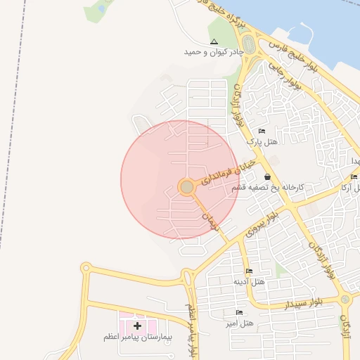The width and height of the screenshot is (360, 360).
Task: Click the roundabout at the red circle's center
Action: click(186, 187)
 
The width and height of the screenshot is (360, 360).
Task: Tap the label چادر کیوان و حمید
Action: click(214, 52)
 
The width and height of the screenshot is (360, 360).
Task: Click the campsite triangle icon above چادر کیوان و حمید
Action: click(214, 42)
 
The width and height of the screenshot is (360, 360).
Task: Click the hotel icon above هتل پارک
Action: click(262, 131)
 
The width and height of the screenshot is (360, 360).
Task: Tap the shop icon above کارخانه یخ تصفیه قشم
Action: click(267, 177)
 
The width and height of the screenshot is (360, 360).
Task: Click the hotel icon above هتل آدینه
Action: click(248, 271)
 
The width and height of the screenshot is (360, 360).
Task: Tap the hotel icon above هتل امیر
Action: click(239, 312)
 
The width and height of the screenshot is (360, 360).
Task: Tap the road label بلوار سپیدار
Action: click(303, 303)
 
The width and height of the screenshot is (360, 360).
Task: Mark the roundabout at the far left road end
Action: click(86, 268)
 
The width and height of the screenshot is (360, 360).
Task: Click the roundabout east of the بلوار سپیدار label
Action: click(345, 299)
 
